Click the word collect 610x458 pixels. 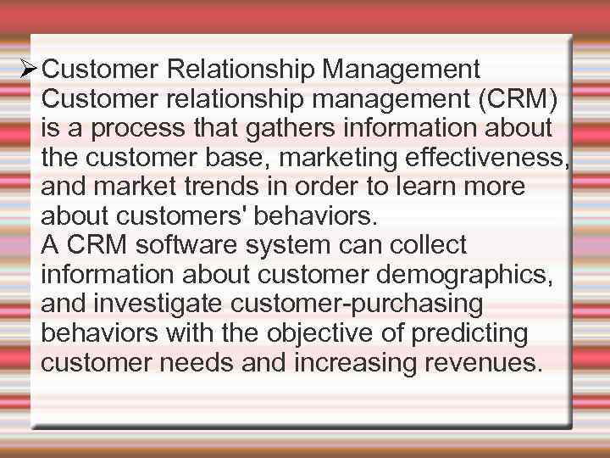(428, 246)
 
